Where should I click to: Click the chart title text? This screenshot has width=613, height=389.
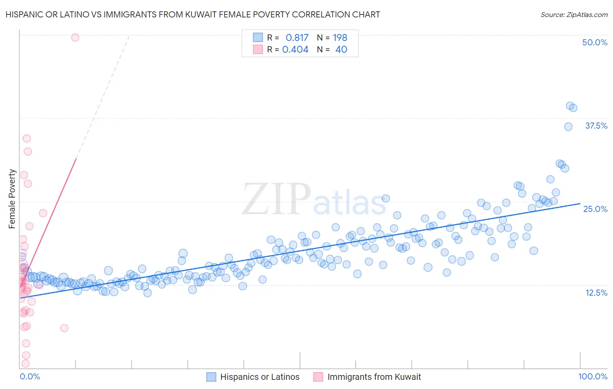coord(193,14)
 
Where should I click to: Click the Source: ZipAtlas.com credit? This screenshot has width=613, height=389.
coord(574,14)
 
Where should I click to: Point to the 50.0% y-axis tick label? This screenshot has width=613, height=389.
coord(595,42)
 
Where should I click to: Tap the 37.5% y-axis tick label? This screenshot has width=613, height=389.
coord(596,126)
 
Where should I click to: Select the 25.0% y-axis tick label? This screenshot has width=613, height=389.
coord(595,209)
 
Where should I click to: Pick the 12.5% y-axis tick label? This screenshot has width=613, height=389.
coord(596,293)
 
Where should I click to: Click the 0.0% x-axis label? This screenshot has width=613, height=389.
coord(30,376)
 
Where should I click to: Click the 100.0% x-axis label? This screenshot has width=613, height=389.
coord(593,376)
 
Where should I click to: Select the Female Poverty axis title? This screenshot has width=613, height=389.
coord(12,199)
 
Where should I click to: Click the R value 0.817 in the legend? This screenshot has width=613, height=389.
coord(297,38)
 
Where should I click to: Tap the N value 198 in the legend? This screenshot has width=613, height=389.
coord(340,38)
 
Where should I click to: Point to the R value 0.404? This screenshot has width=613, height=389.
coord(295,49)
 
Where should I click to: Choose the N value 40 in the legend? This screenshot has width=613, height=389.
coord(341,49)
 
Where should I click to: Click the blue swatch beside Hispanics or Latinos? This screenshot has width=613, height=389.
coord(211,377)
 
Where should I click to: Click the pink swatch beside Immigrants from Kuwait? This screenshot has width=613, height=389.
coord(318,377)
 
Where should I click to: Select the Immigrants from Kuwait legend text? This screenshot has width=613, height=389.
coord(374,377)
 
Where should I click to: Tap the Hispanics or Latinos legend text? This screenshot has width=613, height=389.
coord(260,377)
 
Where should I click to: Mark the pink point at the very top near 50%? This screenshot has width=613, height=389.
coord(75,38)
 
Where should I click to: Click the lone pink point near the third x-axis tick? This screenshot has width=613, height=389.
coord(64,328)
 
